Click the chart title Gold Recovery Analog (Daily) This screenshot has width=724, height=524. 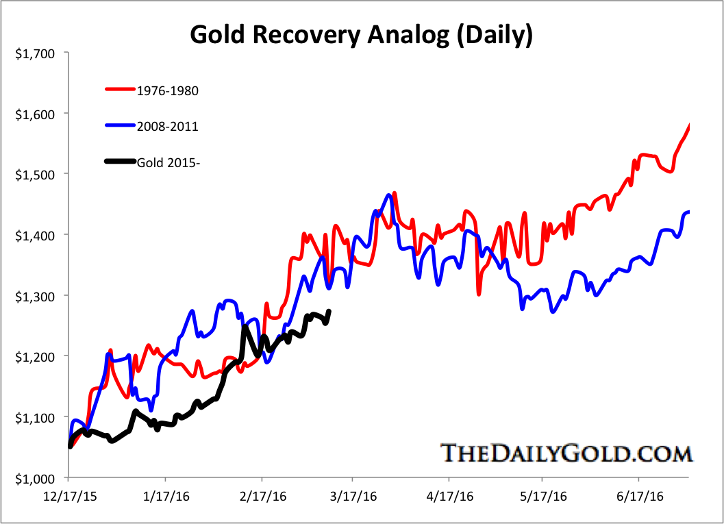(361, 34)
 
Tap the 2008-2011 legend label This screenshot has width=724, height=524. (161, 126)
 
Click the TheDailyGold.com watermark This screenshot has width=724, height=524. (566, 453)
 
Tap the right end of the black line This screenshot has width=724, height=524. (329, 312)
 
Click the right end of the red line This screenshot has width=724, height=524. (688, 125)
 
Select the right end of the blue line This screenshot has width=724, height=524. (688, 212)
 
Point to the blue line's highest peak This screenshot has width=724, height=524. (389, 195)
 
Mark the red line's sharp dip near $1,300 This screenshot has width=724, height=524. (479, 294)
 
